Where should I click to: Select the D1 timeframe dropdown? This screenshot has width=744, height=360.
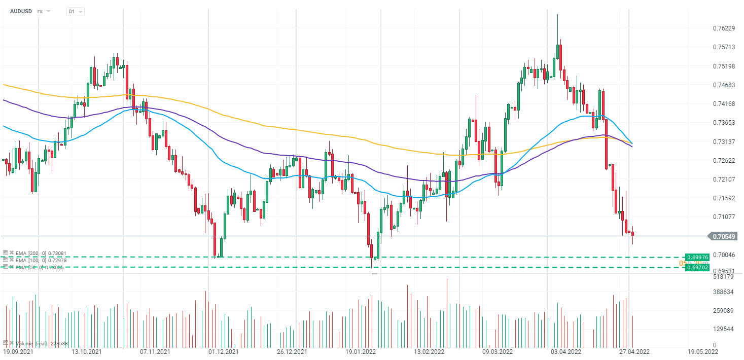click(75, 11)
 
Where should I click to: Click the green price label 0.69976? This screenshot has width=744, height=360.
click(697, 257)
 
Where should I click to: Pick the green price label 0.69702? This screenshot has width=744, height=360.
click(697, 267)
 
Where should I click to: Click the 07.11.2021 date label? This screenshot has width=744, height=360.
click(155, 351)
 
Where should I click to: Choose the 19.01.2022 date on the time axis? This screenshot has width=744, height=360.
click(361, 351)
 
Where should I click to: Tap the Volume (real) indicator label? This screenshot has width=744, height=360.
click(41, 343)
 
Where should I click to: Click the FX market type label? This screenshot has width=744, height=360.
click(40, 11)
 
